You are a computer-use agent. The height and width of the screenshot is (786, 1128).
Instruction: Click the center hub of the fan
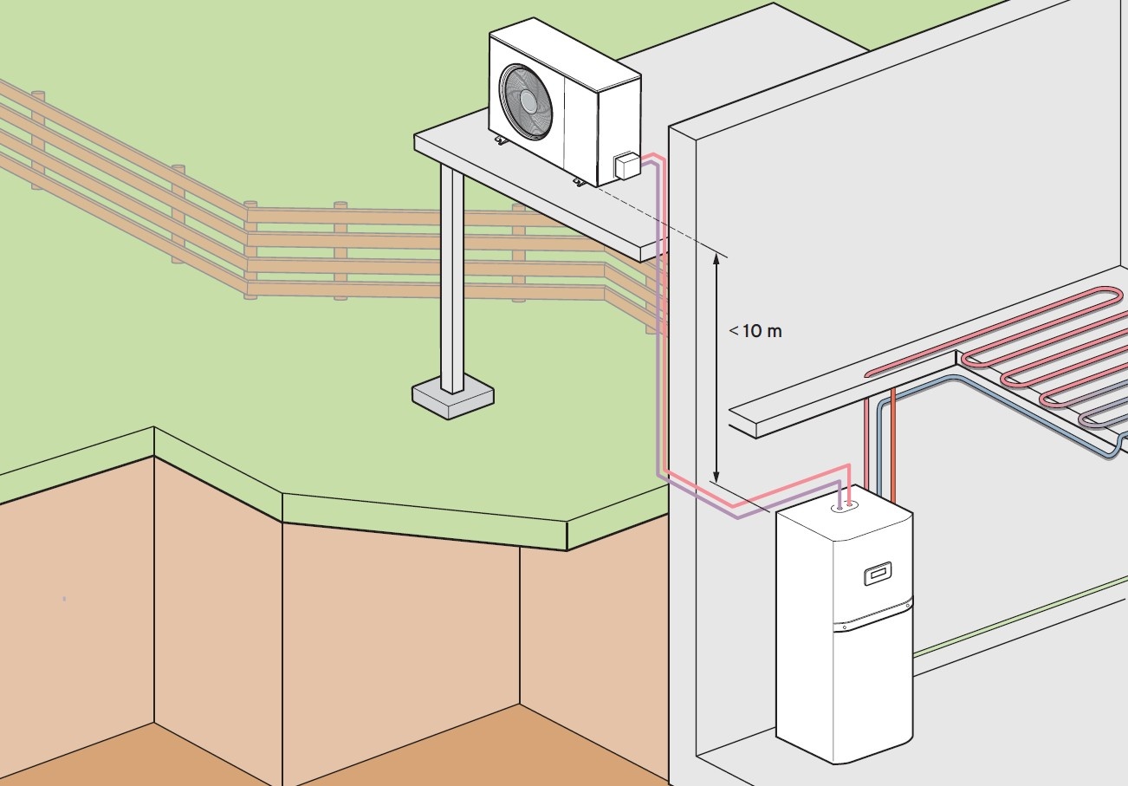(528, 101)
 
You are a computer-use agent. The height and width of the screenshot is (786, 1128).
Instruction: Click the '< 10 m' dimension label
(755, 331)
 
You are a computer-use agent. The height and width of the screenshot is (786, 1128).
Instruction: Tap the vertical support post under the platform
(451, 279)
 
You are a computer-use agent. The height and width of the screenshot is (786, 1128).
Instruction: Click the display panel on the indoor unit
(878, 574)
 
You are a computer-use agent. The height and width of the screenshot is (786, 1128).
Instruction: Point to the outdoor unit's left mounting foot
(501, 140)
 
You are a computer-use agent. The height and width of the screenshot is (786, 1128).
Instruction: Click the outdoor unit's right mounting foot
(580, 182)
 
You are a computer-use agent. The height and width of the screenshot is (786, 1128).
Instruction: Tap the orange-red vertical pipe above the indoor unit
(892, 445)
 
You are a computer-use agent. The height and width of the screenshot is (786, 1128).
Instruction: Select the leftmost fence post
(38, 140)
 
